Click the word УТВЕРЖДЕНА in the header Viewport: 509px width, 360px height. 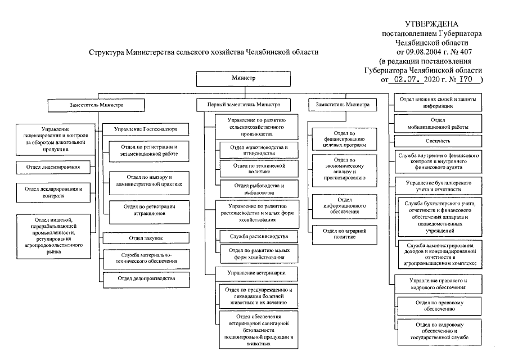[431, 24]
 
